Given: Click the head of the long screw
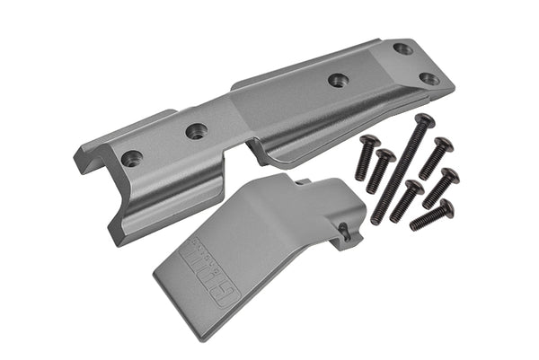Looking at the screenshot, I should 425,119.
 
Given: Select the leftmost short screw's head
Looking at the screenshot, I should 368,142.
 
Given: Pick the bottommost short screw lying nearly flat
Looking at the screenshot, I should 431,215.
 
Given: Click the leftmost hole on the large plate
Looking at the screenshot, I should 131,158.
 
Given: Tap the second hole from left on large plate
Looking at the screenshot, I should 196,131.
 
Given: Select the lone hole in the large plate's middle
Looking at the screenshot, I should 338,80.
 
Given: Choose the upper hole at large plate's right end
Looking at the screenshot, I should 403,48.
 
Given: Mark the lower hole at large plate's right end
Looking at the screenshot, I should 429,78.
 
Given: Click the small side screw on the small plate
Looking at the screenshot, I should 346,231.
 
